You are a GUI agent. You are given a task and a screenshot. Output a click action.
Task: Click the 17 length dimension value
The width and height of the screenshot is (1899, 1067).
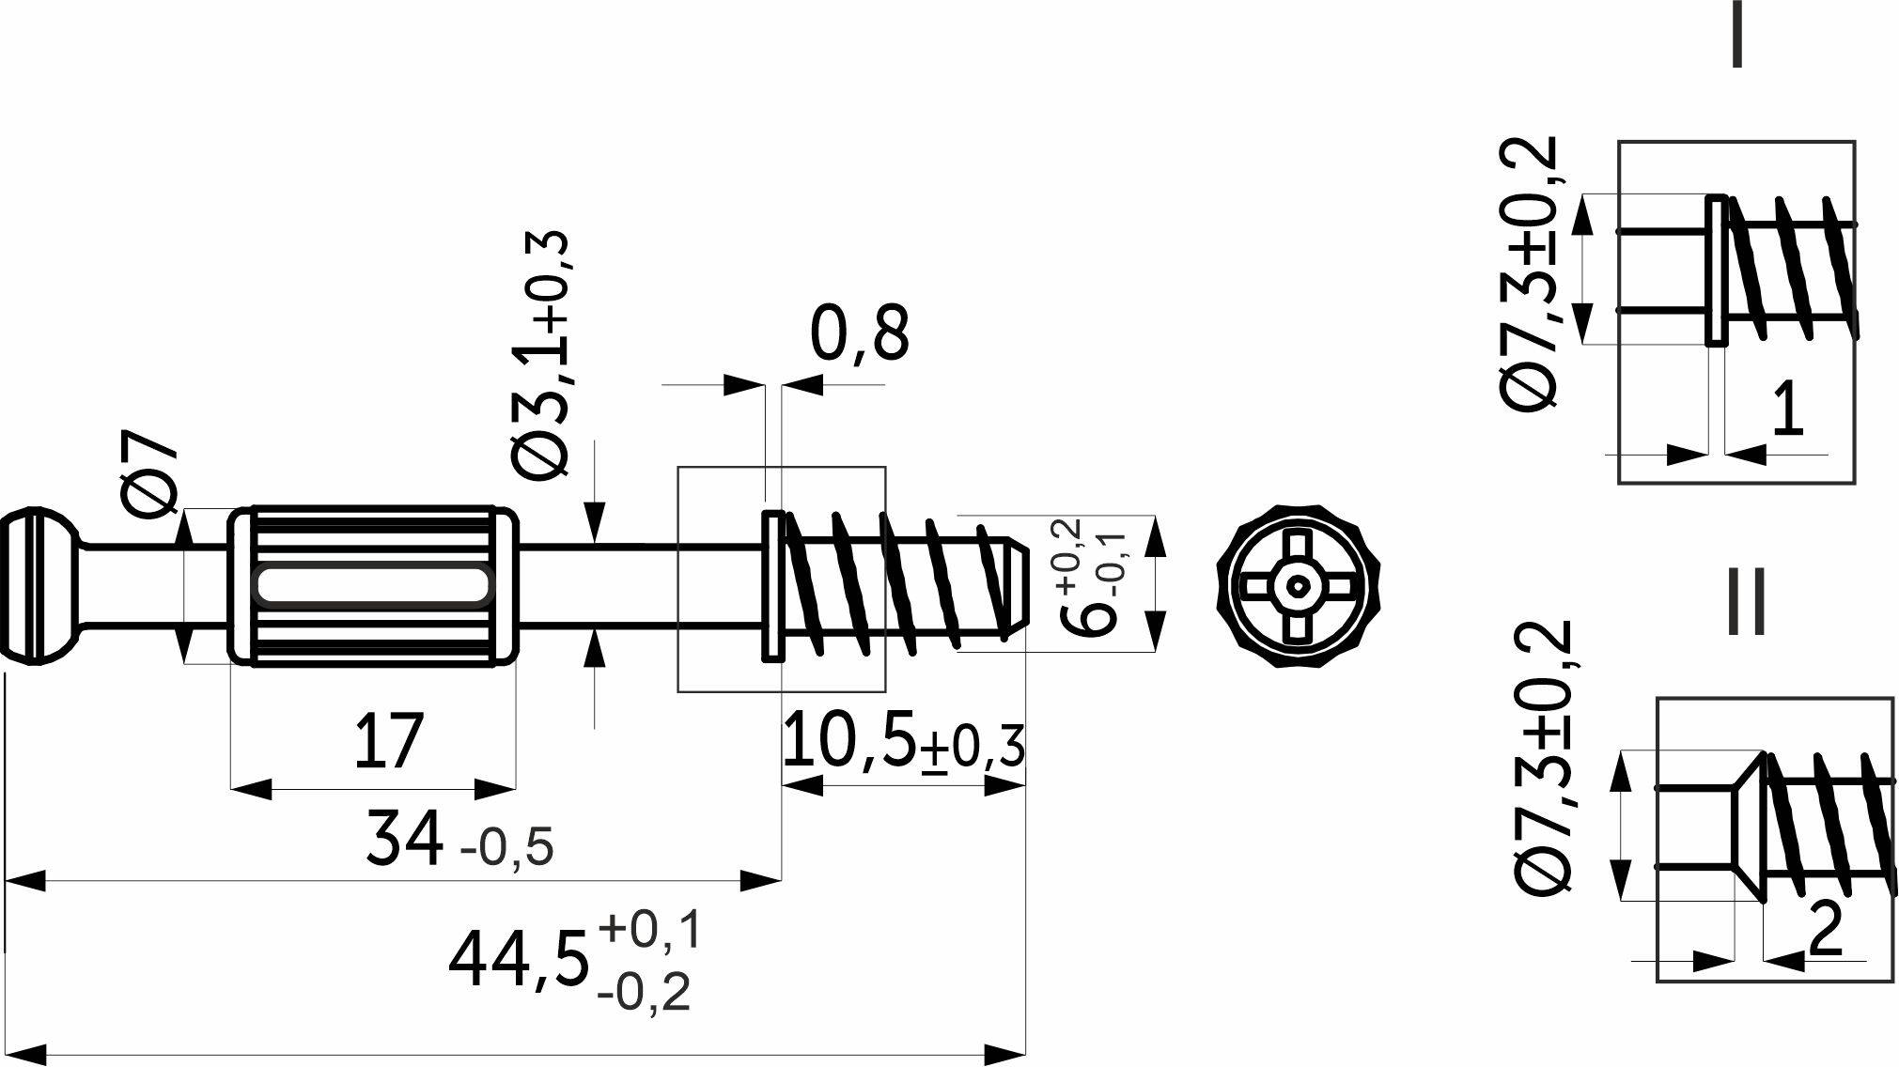pos(389,742)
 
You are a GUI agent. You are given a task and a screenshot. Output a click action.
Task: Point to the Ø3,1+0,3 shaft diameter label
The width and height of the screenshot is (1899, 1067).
pos(542,356)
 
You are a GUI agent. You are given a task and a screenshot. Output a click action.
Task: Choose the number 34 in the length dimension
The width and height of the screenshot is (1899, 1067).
pos(404,839)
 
